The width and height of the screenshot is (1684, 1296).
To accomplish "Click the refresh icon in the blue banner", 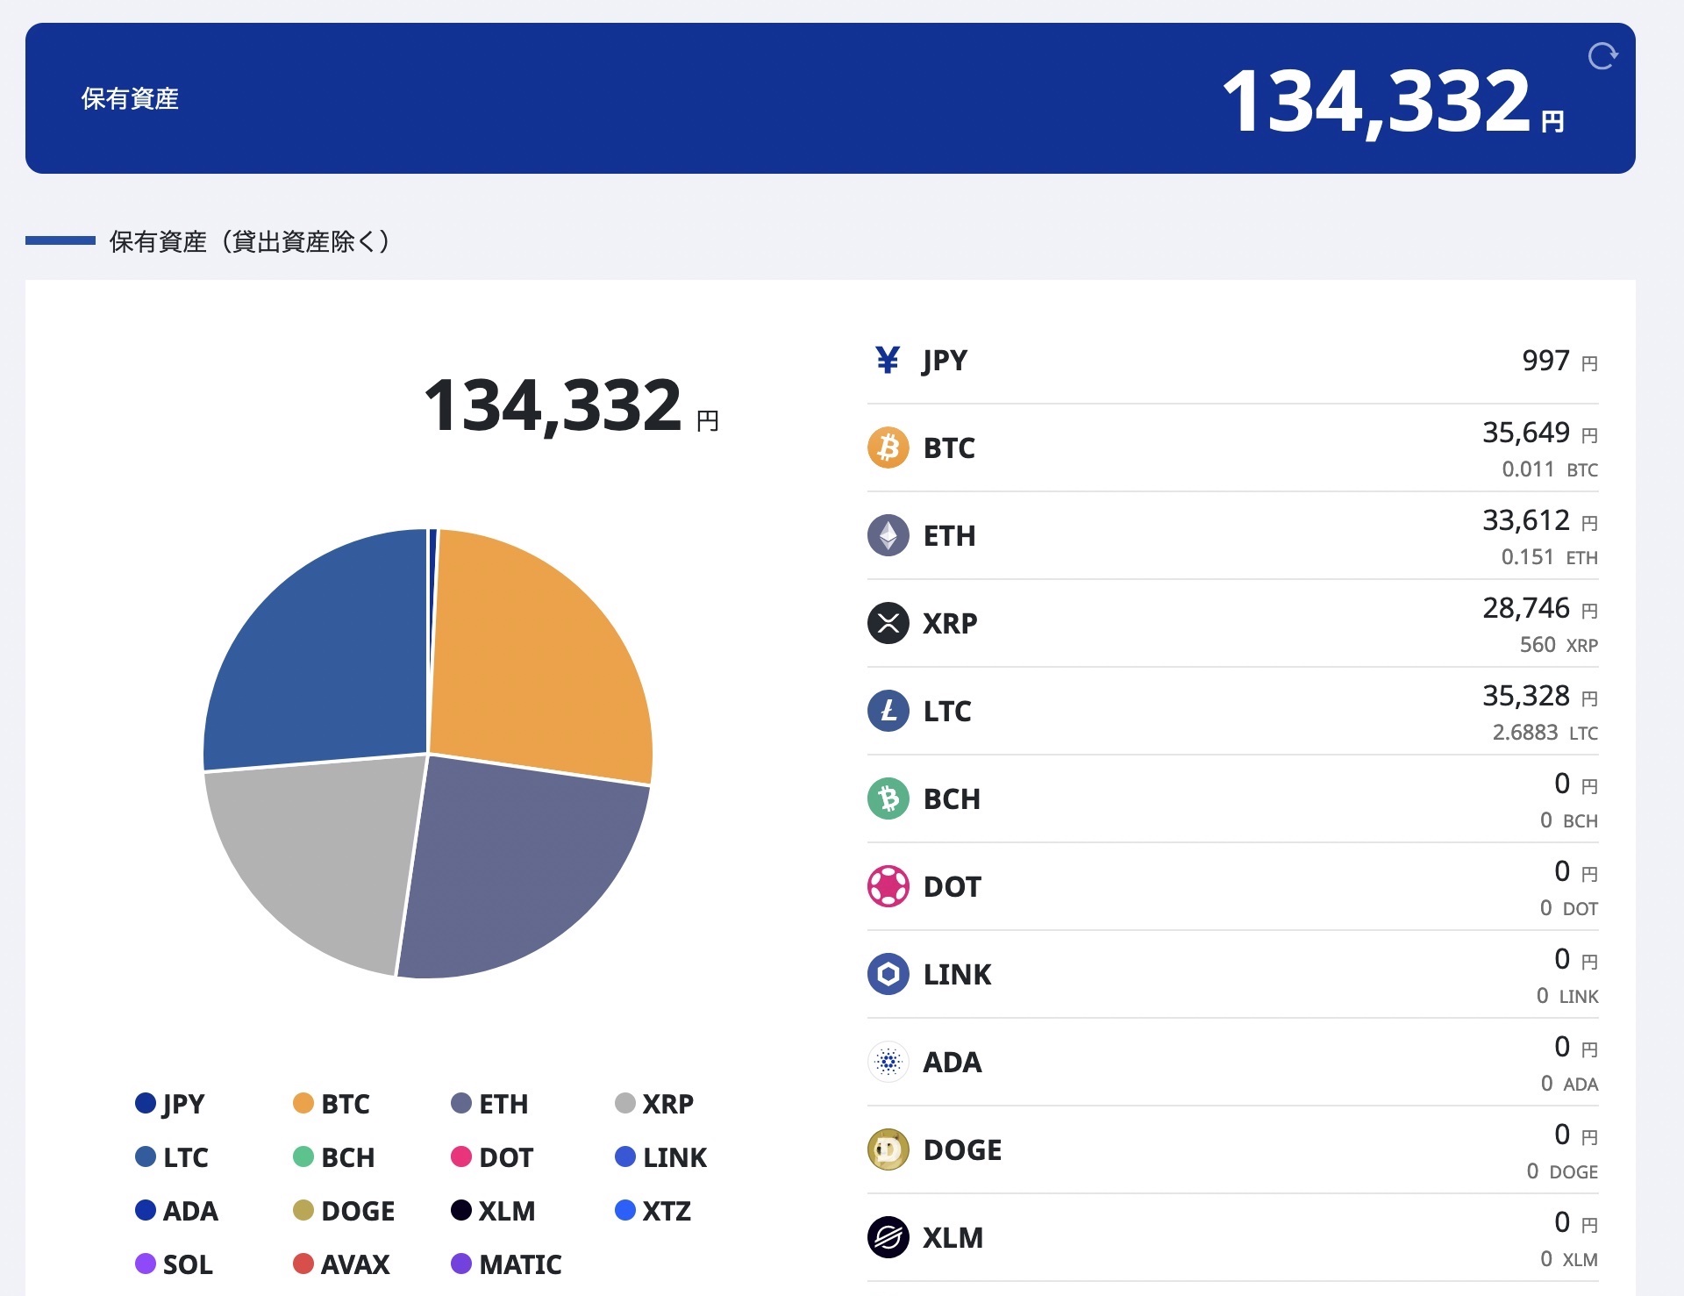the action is click(1602, 56).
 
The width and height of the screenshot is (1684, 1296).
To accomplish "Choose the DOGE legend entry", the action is click(344, 1211).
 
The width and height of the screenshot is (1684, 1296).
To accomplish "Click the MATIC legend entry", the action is click(506, 1264).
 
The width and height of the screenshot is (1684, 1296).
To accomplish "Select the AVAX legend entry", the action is click(341, 1264).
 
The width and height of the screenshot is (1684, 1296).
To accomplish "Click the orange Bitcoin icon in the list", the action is click(888, 448).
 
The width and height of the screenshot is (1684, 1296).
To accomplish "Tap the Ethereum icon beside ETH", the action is click(888, 535).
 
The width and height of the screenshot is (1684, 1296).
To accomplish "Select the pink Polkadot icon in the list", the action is click(888, 886).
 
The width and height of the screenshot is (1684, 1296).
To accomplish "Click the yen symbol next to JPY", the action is click(888, 360).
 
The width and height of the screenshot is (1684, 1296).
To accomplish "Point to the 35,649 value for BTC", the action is click(1526, 433).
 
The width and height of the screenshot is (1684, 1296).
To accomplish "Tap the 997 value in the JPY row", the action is click(1545, 361).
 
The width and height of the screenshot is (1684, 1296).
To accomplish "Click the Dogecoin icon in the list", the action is click(888, 1149).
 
